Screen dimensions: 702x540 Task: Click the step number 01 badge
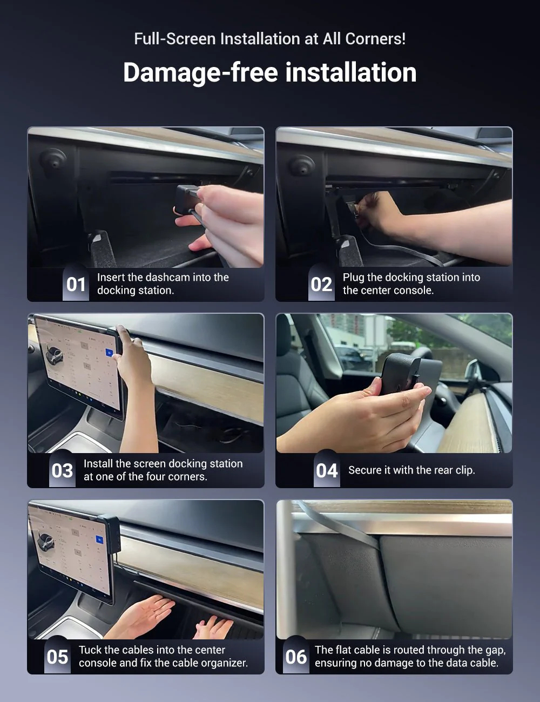76,284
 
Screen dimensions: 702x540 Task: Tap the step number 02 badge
321,284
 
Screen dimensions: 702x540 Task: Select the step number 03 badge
62,470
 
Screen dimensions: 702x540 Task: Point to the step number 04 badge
327,470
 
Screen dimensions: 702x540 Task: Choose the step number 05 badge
57,657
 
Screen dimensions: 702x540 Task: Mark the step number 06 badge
296,657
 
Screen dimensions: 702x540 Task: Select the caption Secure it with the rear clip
411,470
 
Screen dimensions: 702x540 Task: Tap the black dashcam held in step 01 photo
187,199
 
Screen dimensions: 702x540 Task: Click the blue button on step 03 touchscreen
109,353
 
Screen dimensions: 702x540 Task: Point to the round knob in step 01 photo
53,159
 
